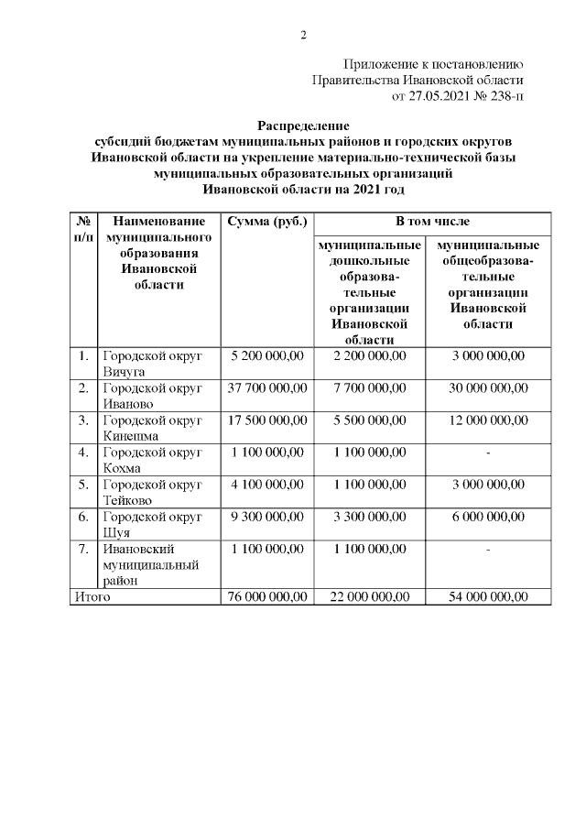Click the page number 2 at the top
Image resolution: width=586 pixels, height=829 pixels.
pyautogui.click(x=303, y=36)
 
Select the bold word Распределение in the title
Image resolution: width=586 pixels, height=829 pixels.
pyautogui.click(x=303, y=125)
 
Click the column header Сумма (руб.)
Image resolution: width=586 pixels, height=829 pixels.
pyautogui.click(x=268, y=222)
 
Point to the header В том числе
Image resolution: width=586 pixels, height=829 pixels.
pyautogui.click(x=433, y=222)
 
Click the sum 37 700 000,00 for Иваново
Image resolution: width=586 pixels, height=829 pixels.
pyautogui.click(x=268, y=388)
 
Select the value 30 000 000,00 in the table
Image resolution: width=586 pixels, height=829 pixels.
pyautogui.click(x=489, y=388)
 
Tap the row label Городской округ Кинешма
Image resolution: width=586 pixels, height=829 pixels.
pyautogui.click(x=151, y=428)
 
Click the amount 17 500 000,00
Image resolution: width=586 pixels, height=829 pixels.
pyautogui.click(x=268, y=420)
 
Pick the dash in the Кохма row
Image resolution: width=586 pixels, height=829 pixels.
pyautogui.click(x=489, y=453)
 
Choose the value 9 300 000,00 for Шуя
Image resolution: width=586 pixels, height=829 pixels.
pyautogui.click(x=268, y=517)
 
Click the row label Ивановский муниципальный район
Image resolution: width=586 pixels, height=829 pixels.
pyautogui.click(x=147, y=564)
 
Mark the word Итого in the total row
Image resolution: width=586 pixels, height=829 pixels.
pyautogui.click(x=92, y=597)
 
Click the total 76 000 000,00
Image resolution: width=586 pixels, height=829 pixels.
pyautogui.click(x=268, y=597)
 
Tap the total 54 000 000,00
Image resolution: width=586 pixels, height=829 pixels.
pyautogui.click(x=489, y=597)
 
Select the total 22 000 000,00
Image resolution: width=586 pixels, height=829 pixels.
pyautogui.click(x=370, y=597)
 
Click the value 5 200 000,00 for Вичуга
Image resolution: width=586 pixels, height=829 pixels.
pyautogui.click(x=268, y=356)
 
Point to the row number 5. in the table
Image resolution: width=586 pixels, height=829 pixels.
pyautogui.click(x=83, y=485)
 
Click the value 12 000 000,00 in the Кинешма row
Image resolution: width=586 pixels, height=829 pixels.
pyautogui.click(x=489, y=420)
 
